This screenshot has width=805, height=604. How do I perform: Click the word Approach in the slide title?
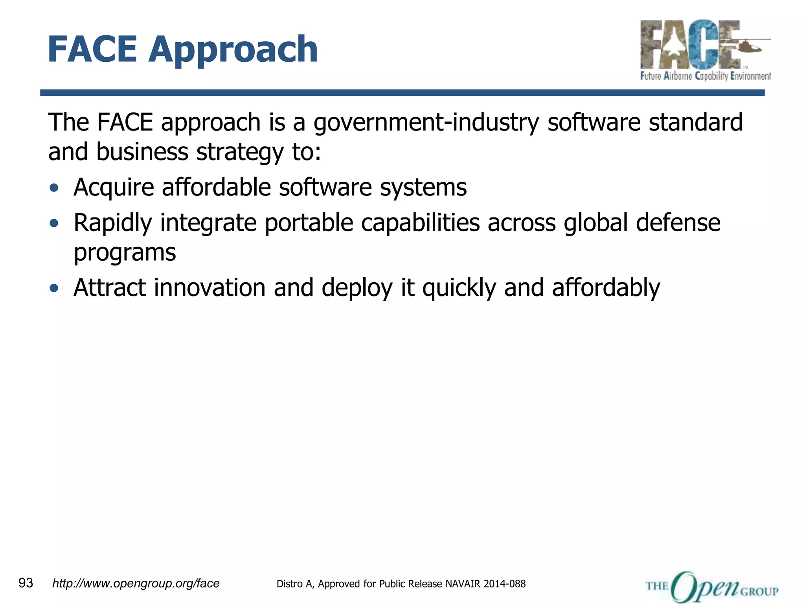pos(233,50)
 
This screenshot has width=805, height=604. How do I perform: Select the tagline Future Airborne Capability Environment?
pos(706,76)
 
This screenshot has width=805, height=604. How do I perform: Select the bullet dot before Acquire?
pos(54,188)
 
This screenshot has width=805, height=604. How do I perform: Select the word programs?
pos(125,253)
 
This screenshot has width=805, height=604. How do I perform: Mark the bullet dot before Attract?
pos(54,288)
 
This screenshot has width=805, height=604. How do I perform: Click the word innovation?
pos(210,288)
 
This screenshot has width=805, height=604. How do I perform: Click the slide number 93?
pos(26,583)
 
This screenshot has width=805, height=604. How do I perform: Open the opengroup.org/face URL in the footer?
pos(136,584)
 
